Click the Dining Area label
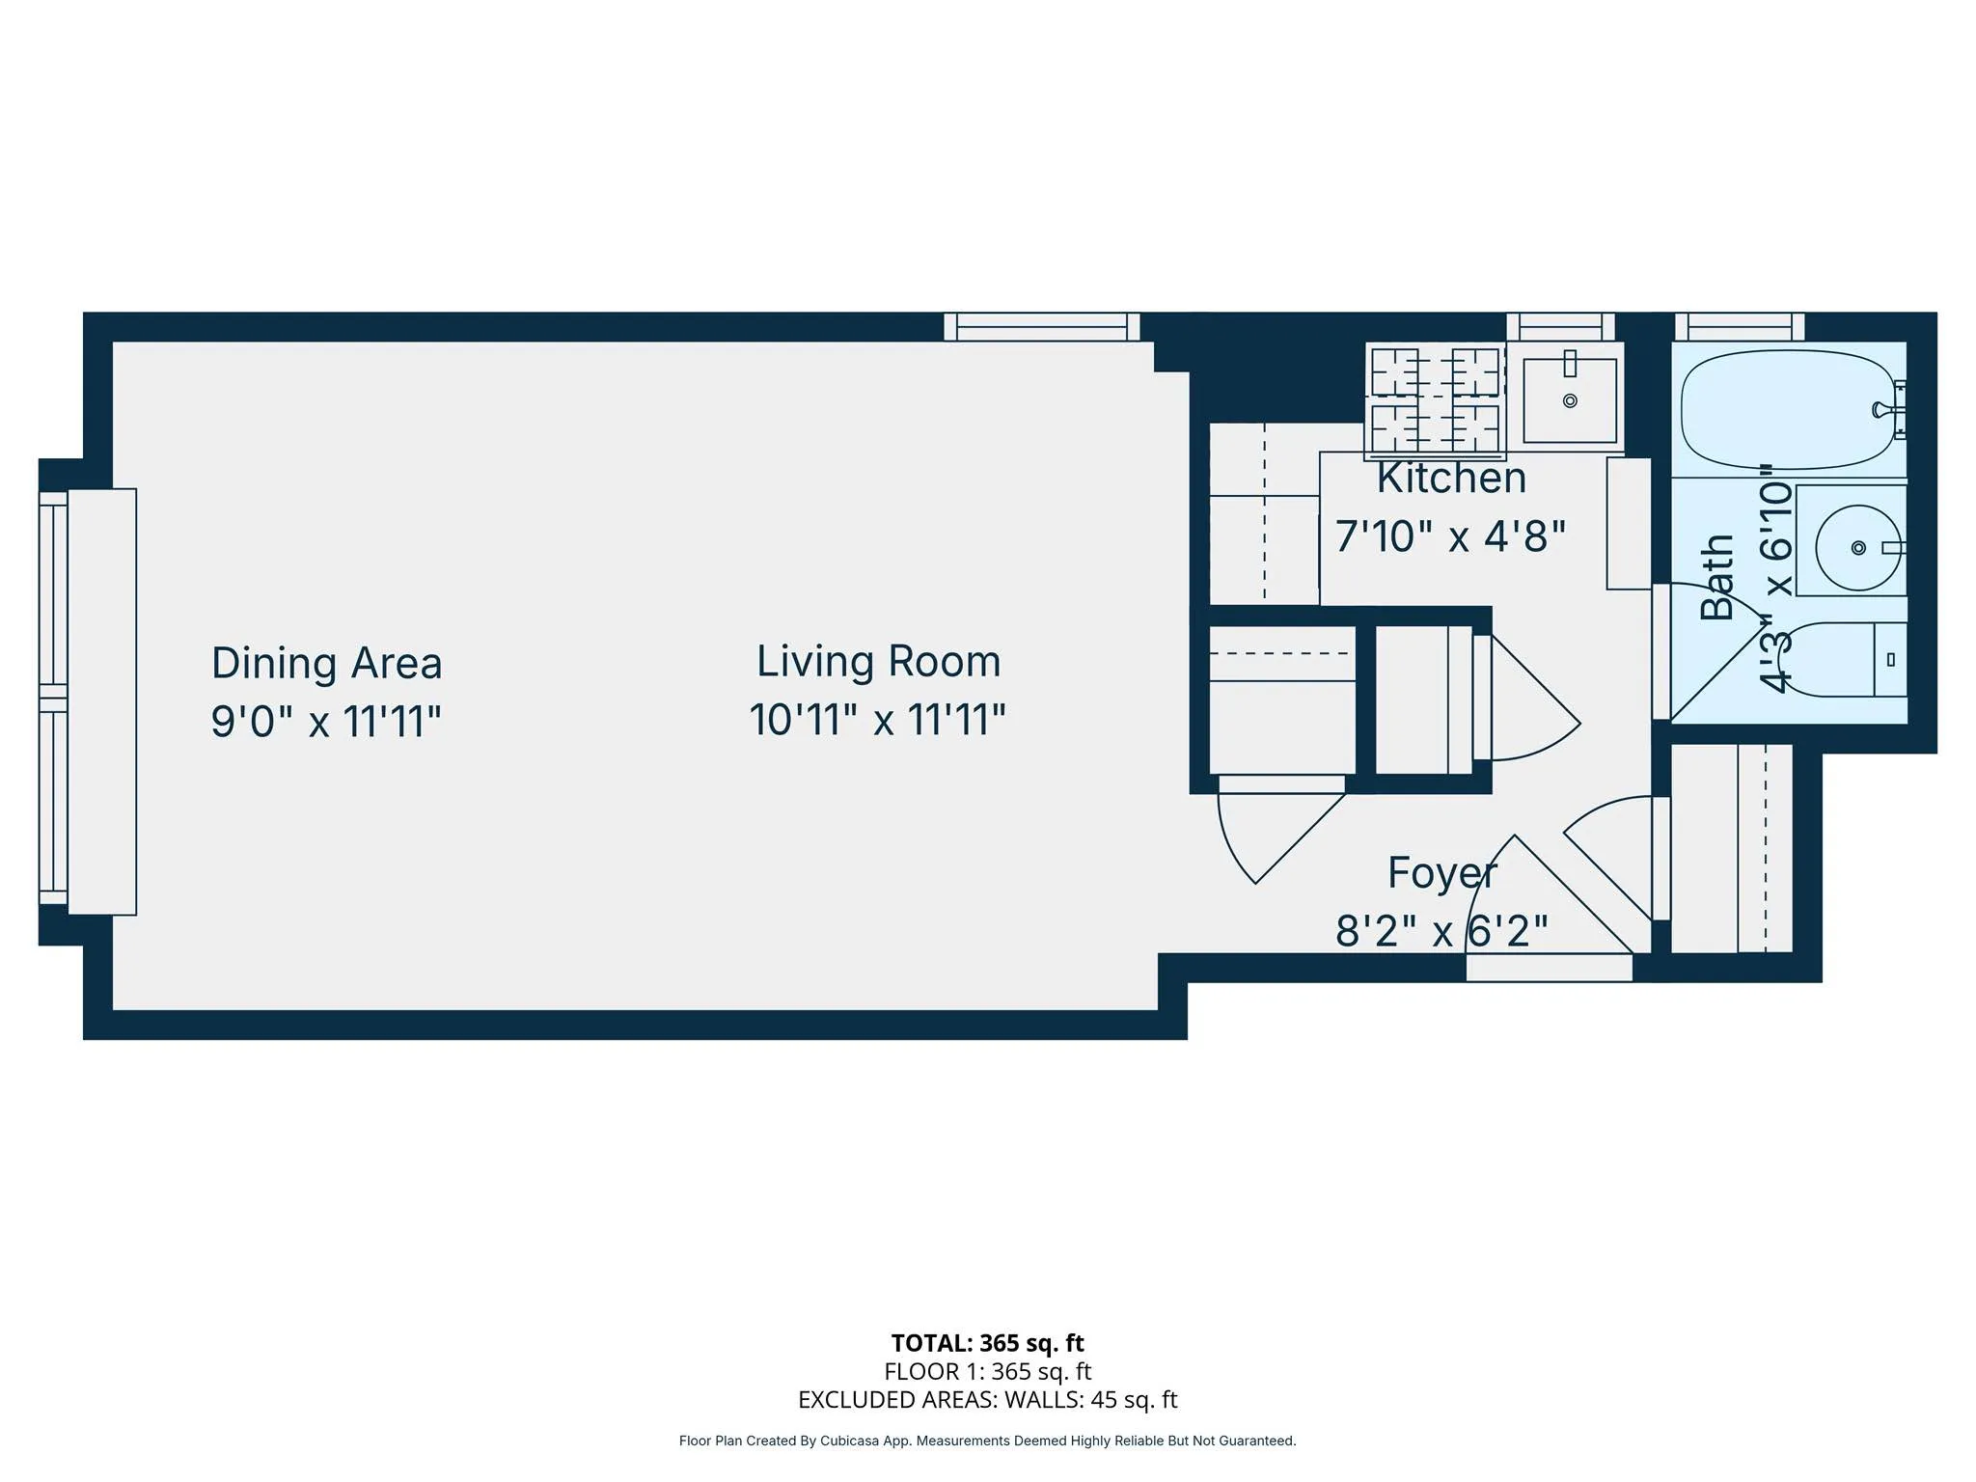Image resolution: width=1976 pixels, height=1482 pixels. [326, 664]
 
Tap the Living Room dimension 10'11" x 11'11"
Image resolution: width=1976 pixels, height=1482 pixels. [877, 720]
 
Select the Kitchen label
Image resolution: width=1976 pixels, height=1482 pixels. [1451, 479]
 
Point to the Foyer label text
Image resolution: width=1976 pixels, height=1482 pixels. [1441, 873]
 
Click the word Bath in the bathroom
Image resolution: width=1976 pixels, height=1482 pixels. [1717, 577]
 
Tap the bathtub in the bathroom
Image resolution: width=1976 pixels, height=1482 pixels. [1785, 409]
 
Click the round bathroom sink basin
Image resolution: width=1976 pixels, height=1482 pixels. [1857, 548]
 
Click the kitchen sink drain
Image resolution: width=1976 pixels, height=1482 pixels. [1570, 400]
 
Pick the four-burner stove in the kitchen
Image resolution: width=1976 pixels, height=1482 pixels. [1436, 399]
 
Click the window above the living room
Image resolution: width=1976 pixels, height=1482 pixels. [1041, 327]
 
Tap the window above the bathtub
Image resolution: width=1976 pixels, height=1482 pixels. [1739, 327]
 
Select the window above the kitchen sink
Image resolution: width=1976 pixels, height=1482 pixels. [1560, 327]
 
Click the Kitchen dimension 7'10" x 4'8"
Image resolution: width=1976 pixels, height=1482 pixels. [1449, 536]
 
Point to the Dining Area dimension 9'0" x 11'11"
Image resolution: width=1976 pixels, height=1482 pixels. [326, 722]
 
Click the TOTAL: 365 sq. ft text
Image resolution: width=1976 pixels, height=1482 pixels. [987, 1343]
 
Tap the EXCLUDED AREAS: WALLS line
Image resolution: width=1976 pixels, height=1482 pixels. [987, 1400]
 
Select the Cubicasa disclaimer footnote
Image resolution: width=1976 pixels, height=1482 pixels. [987, 1441]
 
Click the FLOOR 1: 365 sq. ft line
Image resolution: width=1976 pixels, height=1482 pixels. [987, 1371]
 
